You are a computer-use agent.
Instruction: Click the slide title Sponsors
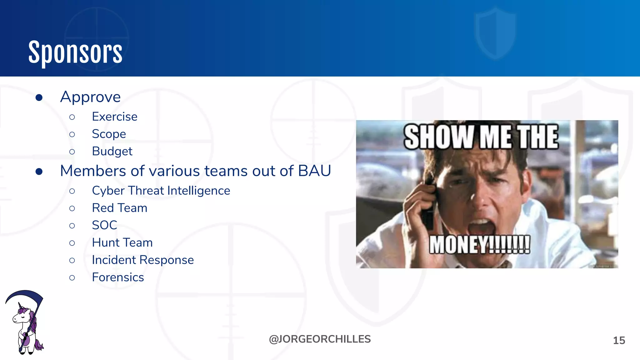75,52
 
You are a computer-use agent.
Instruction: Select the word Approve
90,97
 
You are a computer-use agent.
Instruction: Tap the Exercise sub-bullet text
114,117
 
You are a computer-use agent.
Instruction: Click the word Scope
109,134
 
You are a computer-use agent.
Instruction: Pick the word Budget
112,151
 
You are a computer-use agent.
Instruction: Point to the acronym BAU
314,171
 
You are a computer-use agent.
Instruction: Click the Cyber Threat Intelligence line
161,191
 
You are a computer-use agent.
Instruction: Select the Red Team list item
119,208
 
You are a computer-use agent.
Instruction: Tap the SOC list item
104,225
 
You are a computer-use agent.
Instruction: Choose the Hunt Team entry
122,242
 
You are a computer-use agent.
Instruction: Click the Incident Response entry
142,260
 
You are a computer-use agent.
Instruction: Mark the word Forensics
118,277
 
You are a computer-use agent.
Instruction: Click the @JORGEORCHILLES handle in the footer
320,339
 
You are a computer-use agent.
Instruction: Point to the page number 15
619,340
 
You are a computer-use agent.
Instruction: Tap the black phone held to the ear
428,203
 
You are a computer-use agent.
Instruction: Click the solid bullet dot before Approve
39,98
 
